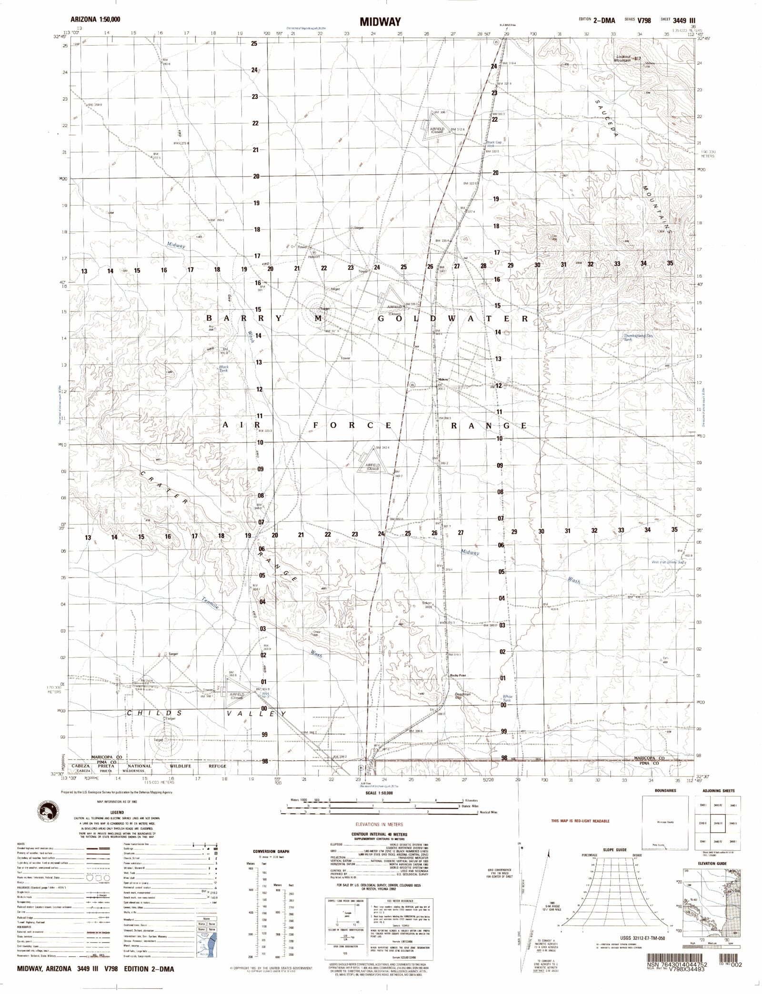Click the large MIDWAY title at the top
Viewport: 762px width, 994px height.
tap(380, 21)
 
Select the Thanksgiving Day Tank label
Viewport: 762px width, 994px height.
tap(635, 337)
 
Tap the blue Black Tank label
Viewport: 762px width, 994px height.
tap(223, 368)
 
